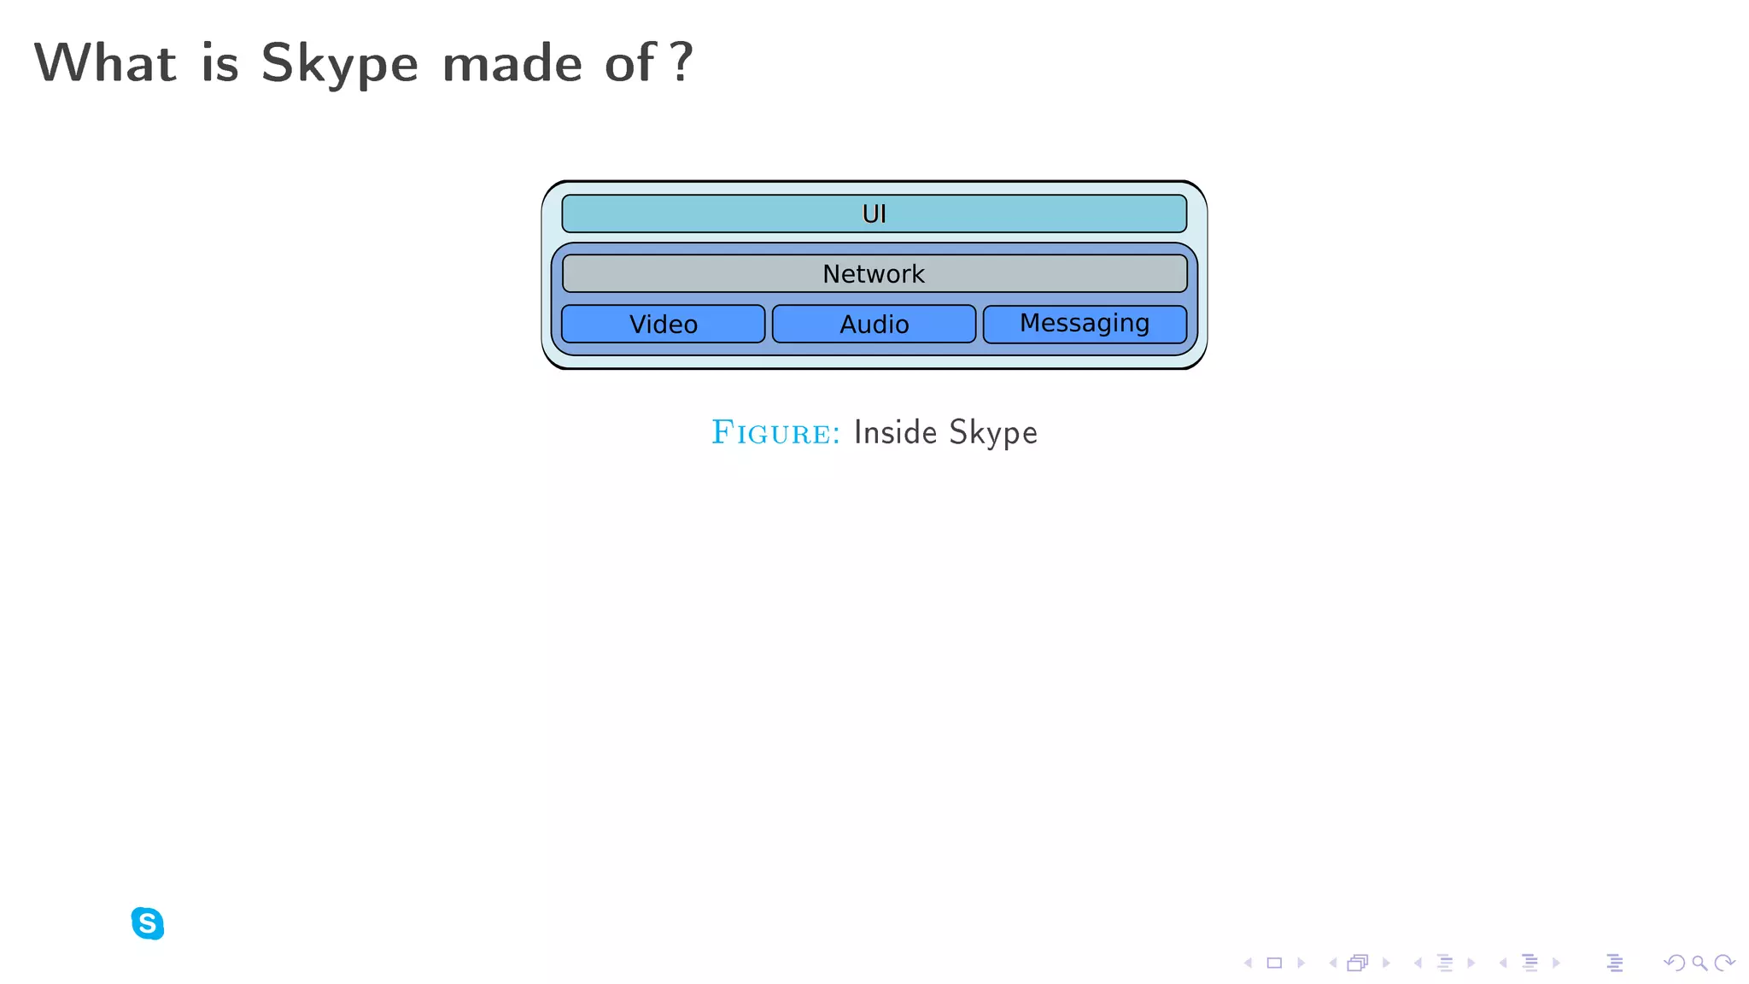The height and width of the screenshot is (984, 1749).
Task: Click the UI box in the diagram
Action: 874,214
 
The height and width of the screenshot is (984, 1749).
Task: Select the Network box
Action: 874,273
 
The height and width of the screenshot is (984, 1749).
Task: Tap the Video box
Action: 663,324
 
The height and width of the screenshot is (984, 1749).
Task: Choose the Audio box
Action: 874,324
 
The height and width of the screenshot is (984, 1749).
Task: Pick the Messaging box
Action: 1085,324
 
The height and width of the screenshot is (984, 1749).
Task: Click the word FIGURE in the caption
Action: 775,433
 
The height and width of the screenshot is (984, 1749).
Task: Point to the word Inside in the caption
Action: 895,432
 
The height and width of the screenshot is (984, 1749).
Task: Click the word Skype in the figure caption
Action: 992,433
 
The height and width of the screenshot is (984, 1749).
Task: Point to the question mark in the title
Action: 681,62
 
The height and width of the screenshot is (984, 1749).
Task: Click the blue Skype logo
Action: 148,923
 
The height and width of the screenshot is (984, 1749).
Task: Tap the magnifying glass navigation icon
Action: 1699,963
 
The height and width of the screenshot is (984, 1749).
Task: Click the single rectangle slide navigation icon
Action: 1274,963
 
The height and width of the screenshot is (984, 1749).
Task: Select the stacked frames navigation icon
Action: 1358,963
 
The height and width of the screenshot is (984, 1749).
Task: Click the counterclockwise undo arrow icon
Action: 1674,963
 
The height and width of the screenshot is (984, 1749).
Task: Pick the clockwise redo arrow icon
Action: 1725,963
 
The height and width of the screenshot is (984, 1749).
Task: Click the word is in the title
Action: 219,63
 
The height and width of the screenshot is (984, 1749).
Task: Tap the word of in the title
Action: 630,63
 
